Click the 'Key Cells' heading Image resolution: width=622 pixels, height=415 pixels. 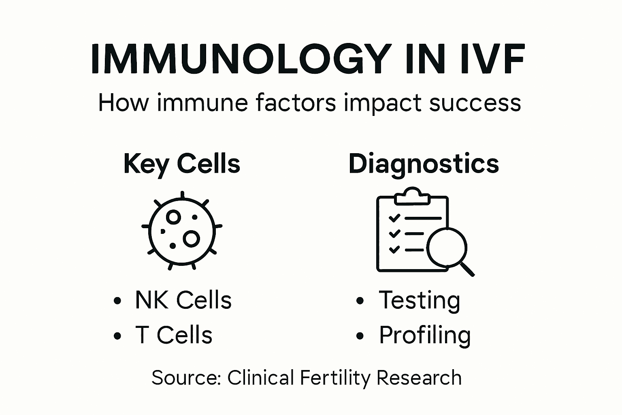(x=182, y=164)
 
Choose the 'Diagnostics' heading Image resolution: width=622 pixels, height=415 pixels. (x=424, y=164)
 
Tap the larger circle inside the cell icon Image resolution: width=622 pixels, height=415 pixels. (x=191, y=239)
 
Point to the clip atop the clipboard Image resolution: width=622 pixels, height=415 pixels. (x=412, y=196)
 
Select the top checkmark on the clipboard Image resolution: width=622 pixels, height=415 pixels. (x=394, y=218)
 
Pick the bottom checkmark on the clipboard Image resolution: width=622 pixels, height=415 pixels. (x=394, y=249)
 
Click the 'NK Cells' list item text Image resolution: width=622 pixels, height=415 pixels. (x=183, y=300)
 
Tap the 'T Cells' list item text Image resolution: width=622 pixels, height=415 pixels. (x=174, y=335)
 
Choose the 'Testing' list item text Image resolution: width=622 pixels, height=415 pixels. (x=420, y=300)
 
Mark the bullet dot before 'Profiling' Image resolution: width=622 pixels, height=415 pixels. (x=360, y=336)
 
